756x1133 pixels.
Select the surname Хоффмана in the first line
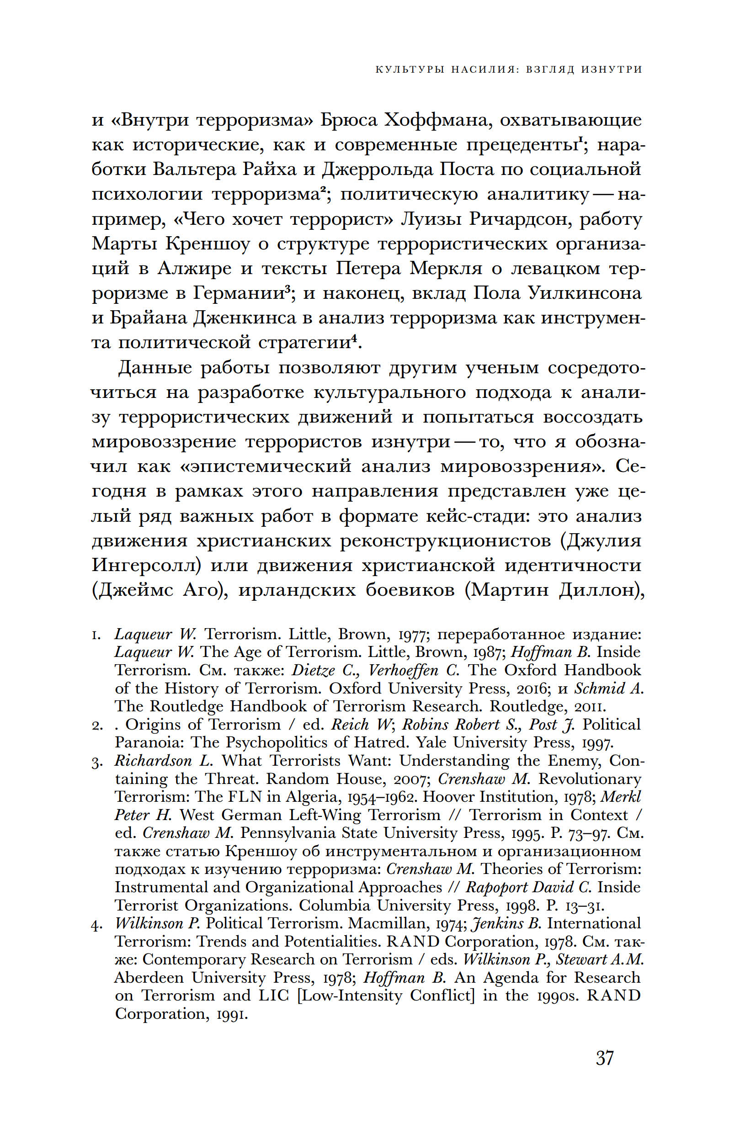click(438, 120)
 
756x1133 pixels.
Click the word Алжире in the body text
click(195, 269)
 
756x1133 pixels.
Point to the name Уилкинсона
click(585, 293)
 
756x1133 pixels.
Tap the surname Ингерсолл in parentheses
click(146, 565)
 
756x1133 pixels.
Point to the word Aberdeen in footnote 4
click(149, 978)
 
